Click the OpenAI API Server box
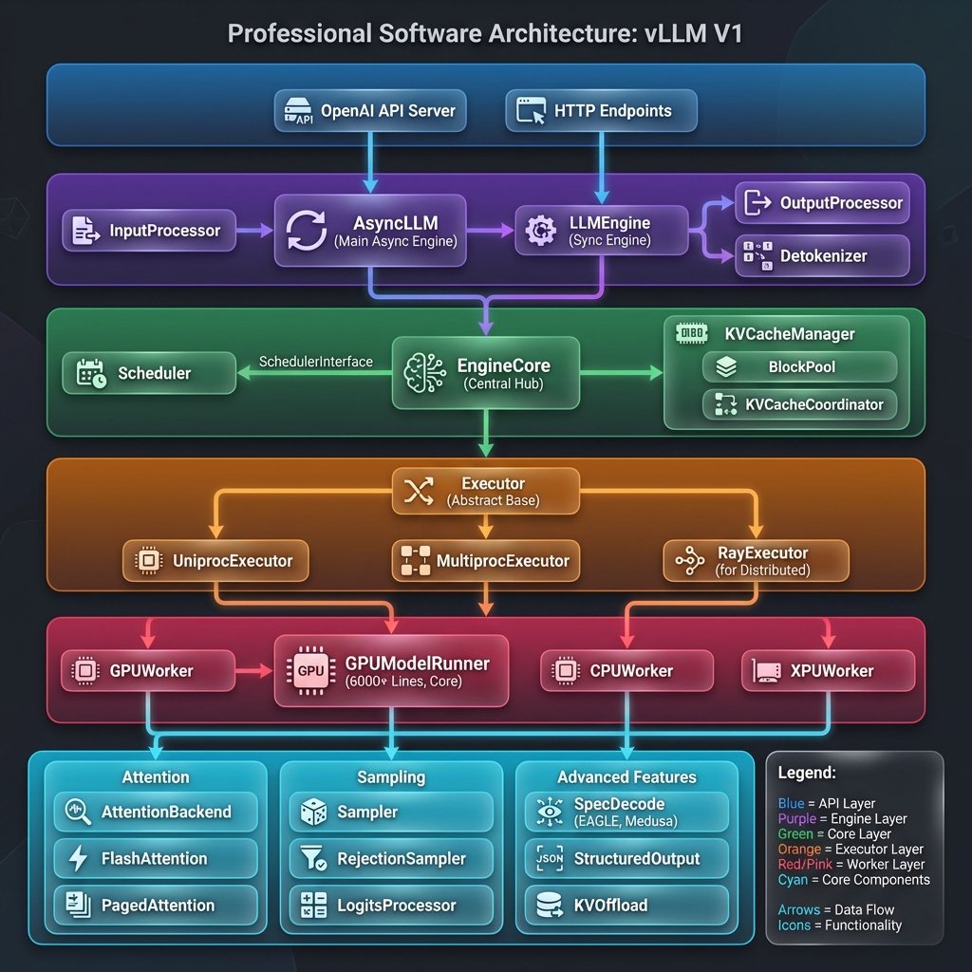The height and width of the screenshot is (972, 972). coord(370,111)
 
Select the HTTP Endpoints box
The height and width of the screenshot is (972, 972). coord(601,111)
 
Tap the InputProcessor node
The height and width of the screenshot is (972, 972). coord(149,231)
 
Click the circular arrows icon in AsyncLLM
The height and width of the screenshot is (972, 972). coord(306,230)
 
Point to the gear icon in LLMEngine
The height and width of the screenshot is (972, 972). coord(540,230)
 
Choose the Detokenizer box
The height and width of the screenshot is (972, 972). coord(822,256)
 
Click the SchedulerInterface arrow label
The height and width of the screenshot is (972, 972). coord(316,362)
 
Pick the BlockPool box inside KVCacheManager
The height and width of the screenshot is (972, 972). coord(799,366)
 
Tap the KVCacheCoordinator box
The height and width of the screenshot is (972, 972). coord(799,404)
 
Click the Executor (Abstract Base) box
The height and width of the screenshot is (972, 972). coord(485,491)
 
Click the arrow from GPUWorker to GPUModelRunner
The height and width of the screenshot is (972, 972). coord(253,671)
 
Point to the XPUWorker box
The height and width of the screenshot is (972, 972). coord(828,671)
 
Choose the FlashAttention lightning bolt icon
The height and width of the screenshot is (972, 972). coord(78,859)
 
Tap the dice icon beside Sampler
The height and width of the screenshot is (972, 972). coord(313,813)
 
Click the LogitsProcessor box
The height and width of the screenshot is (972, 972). coord(390,906)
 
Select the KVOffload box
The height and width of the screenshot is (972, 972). coord(626,906)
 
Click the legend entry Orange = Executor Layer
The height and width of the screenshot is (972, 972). coord(850,850)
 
